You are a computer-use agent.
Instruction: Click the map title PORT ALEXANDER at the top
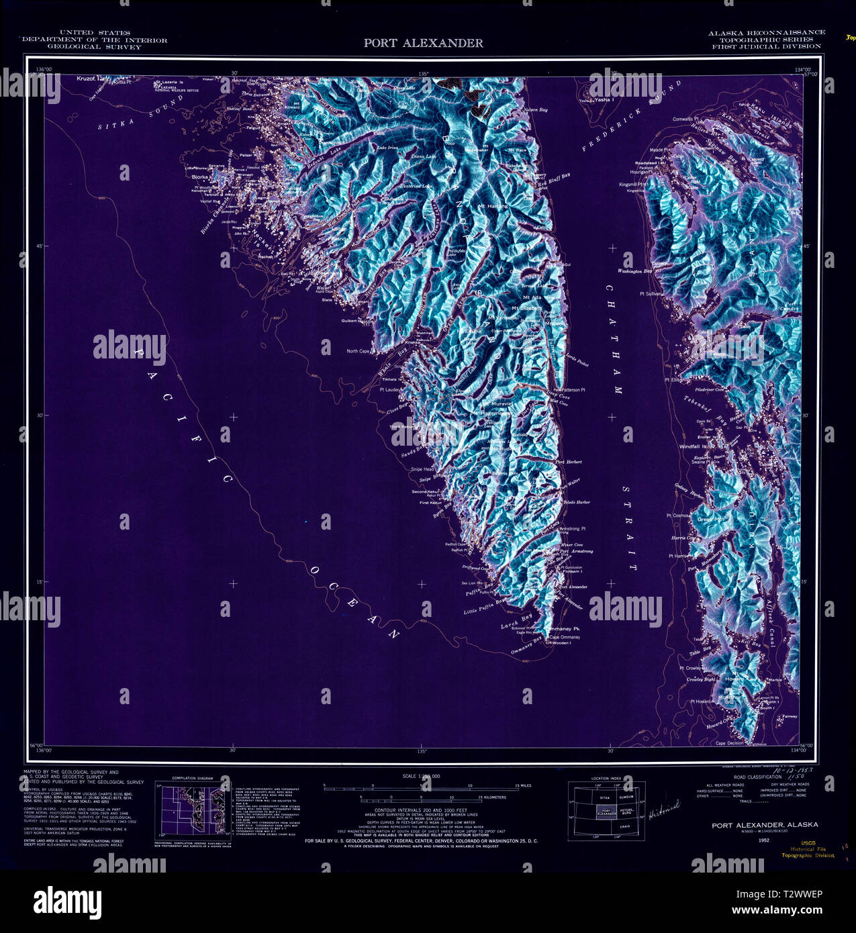tap(423, 43)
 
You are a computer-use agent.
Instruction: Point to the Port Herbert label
tap(569, 462)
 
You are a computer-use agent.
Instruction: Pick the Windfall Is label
tap(693, 446)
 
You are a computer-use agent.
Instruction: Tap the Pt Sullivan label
tap(651, 293)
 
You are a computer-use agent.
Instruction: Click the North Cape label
tap(358, 351)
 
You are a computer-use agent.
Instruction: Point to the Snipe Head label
tap(422, 469)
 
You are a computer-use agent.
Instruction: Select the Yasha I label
tap(603, 99)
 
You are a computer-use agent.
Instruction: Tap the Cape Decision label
tap(730, 743)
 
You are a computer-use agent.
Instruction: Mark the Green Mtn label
tap(711, 520)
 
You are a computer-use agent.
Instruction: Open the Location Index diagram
tap(606, 810)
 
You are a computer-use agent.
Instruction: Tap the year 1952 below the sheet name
tap(763, 840)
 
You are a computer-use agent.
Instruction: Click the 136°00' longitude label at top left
tap(44, 70)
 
